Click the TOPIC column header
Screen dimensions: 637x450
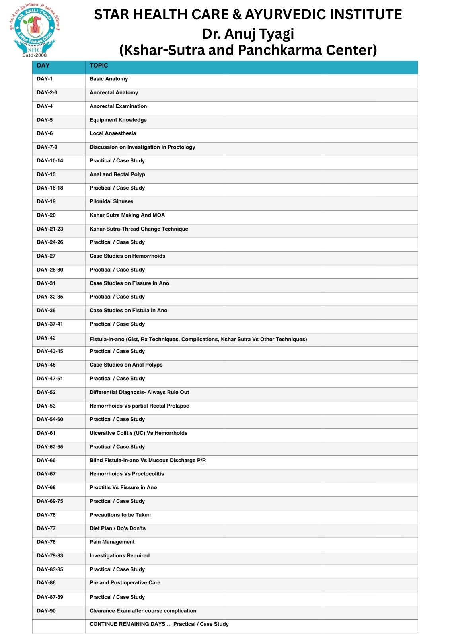(x=99, y=66)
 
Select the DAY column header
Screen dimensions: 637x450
(x=43, y=66)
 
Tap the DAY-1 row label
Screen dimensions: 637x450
(x=45, y=79)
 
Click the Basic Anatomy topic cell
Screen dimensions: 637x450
(x=109, y=79)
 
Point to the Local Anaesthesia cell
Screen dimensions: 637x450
(x=113, y=133)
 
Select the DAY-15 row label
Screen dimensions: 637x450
(x=46, y=174)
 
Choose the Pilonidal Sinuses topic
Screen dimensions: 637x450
(x=111, y=201)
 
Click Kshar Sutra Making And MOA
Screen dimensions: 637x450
(x=127, y=215)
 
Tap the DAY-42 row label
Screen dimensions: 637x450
(x=46, y=338)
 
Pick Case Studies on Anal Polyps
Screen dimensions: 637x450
(x=126, y=365)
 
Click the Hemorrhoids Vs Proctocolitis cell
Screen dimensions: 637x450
(x=127, y=474)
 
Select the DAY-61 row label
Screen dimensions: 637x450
(x=46, y=433)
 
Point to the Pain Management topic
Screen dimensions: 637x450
(x=112, y=542)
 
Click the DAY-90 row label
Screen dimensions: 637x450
(x=46, y=610)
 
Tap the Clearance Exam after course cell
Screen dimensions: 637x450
(x=143, y=610)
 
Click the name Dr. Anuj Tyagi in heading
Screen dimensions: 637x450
(x=248, y=33)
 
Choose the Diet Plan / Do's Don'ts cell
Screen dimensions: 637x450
(x=117, y=528)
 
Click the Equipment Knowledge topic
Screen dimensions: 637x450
(x=118, y=120)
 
